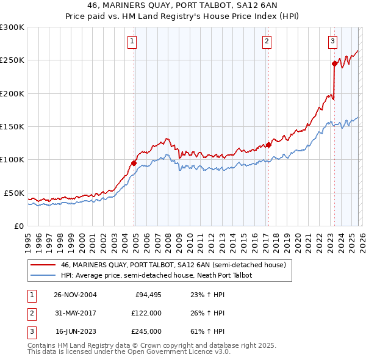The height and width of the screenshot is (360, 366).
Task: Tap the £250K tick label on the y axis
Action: pyautogui.click(x=12, y=60)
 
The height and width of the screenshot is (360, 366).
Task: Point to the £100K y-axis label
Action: pyautogui.click(x=12, y=160)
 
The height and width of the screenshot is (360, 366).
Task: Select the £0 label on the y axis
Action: pyautogui.click(x=18, y=226)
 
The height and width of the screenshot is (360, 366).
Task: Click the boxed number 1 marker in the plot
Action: pyautogui.click(x=132, y=41)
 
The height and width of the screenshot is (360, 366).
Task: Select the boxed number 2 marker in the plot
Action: pyautogui.click(x=267, y=41)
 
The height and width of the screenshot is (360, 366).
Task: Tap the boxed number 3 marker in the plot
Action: pyautogui.click(x=332, y=41)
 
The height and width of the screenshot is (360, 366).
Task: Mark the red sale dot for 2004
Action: pyautogui.click(x=134, y=163)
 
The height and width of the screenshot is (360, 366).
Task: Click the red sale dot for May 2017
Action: pyautogui.click(x=268, y=145)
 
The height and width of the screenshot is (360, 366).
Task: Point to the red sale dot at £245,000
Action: pyautogui.click(x=334, y=63)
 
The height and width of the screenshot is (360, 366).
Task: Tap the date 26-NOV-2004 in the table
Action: pyautogui.click(x=75, y=295)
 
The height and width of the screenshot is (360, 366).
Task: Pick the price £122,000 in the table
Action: pyautogui.click(x=146, y=313)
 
